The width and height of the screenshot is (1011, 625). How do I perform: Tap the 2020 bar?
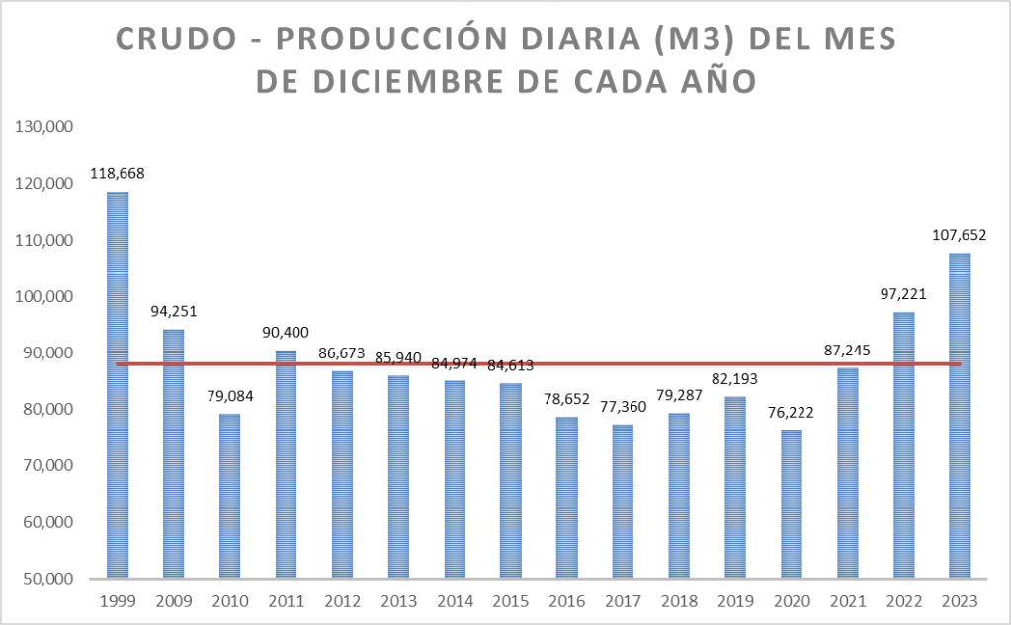tap(792, 504)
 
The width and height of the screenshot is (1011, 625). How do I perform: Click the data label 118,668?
tap(118, 173)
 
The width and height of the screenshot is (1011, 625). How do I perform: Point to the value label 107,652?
tap(960, 235)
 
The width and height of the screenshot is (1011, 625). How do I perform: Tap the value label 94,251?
tap(174, 311)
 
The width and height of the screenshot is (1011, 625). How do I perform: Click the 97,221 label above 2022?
tap(903, 294)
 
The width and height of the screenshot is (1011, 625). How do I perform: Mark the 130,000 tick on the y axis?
tap(42, 127)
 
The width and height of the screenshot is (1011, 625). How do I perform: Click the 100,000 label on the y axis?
tap(42, 296)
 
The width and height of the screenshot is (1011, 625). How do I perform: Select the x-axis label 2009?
tap(174, 600)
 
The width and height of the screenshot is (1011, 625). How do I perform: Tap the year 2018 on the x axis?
tap(679, 600)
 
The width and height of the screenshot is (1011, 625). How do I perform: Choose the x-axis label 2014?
tap(455, 600)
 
